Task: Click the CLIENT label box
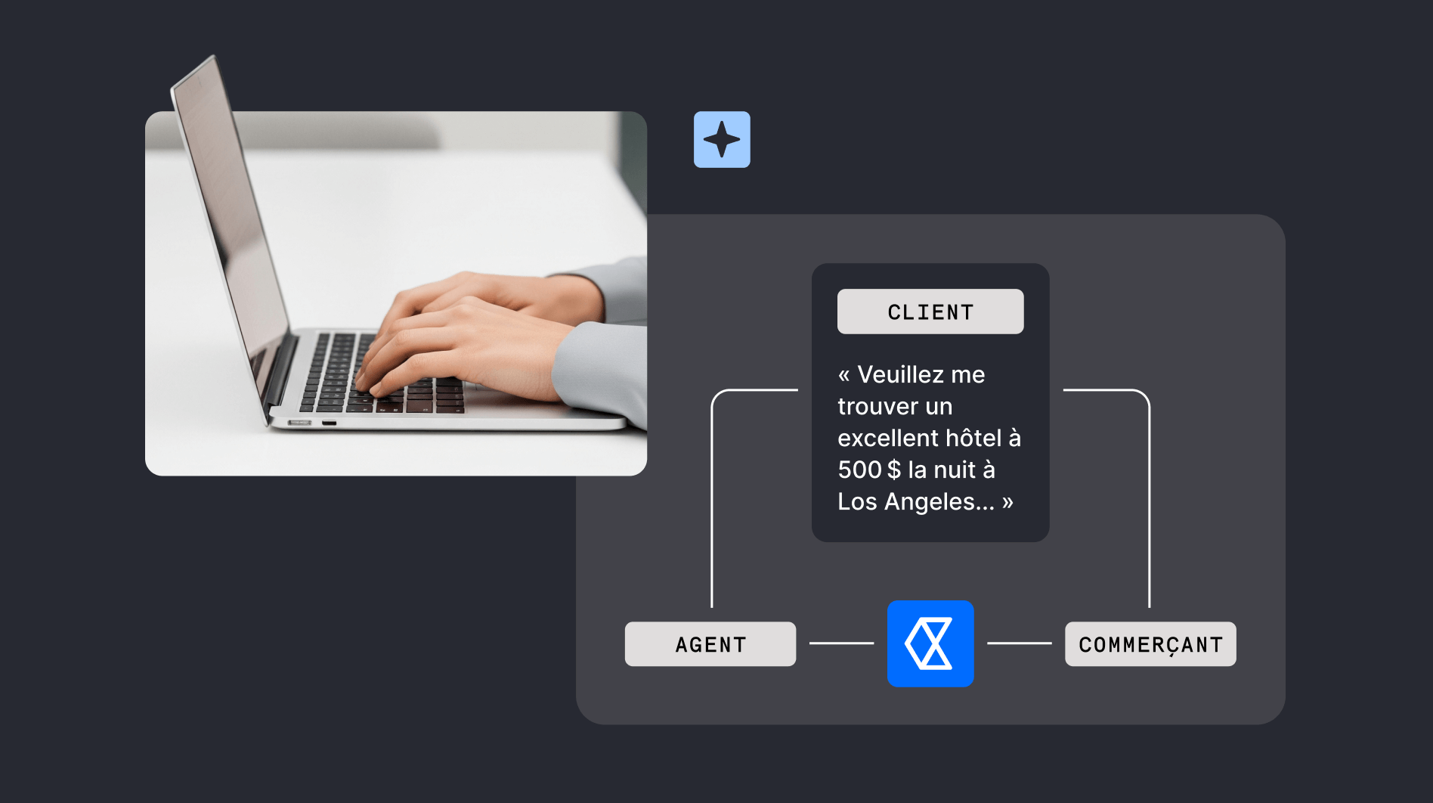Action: click(930, 312)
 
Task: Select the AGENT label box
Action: click(710, 644)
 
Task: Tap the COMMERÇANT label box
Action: click(1150, 644)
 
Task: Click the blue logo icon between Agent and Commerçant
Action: click(930, 643)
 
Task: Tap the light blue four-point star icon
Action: click(722, 140)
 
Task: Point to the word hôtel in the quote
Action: click(973, 438)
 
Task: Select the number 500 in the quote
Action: click(859, 470)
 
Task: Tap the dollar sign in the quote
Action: click(894, 470)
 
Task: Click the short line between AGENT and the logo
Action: click(841, 643)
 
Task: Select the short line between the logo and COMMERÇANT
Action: click(1019, 643)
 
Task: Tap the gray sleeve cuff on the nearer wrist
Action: click(597, 370)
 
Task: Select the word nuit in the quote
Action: click(955, 470)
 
